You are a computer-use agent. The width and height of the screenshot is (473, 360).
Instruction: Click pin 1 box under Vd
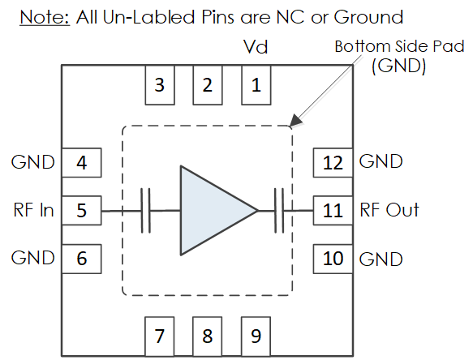[256, 85]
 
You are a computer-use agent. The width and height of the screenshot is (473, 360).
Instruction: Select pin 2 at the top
[208, 85]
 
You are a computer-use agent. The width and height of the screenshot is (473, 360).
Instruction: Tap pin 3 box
[160, 85]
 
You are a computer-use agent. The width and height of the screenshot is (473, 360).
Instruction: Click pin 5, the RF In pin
[82, 211]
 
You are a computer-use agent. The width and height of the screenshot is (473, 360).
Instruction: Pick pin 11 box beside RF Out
[333, 211]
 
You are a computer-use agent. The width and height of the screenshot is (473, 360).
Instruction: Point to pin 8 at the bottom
[208, 336]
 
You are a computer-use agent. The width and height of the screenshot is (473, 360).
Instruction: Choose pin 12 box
[333, 162]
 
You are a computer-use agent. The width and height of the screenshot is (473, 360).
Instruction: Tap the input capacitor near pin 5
[146, 211]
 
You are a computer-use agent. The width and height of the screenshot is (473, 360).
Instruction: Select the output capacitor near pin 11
[279, 211]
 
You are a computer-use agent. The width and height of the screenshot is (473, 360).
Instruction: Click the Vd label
[256, 47]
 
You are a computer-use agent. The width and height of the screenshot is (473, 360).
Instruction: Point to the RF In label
[33, 210]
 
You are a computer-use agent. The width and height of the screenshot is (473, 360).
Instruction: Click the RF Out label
[389, 210]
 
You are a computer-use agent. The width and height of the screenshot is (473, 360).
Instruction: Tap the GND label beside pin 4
[33, 162]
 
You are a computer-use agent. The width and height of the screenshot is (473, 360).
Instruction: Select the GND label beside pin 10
[381, 259]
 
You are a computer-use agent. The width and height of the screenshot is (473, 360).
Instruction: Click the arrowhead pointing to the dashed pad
[296, 120]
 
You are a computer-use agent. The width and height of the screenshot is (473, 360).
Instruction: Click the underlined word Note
[45, 17]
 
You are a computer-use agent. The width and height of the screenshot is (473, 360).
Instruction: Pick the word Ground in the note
[368, 17]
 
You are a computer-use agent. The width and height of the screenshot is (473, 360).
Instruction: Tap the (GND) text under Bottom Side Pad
[399, 66]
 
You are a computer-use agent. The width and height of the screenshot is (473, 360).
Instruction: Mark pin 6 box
[82, 259]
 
